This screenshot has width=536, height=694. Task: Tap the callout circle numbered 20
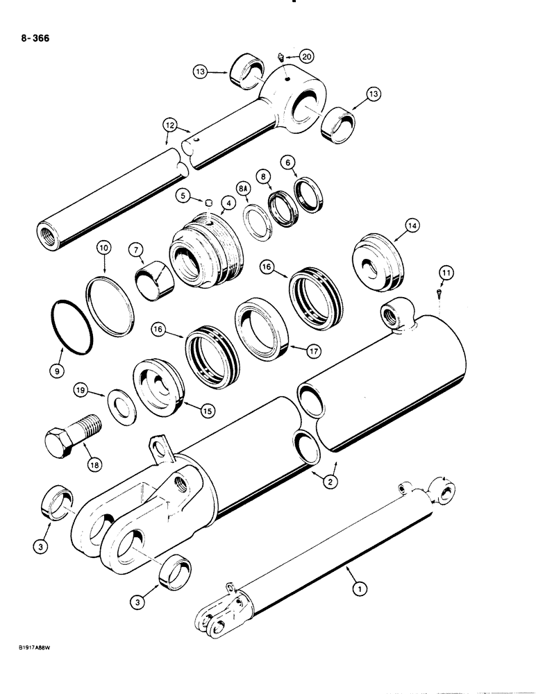click(307, 56)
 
